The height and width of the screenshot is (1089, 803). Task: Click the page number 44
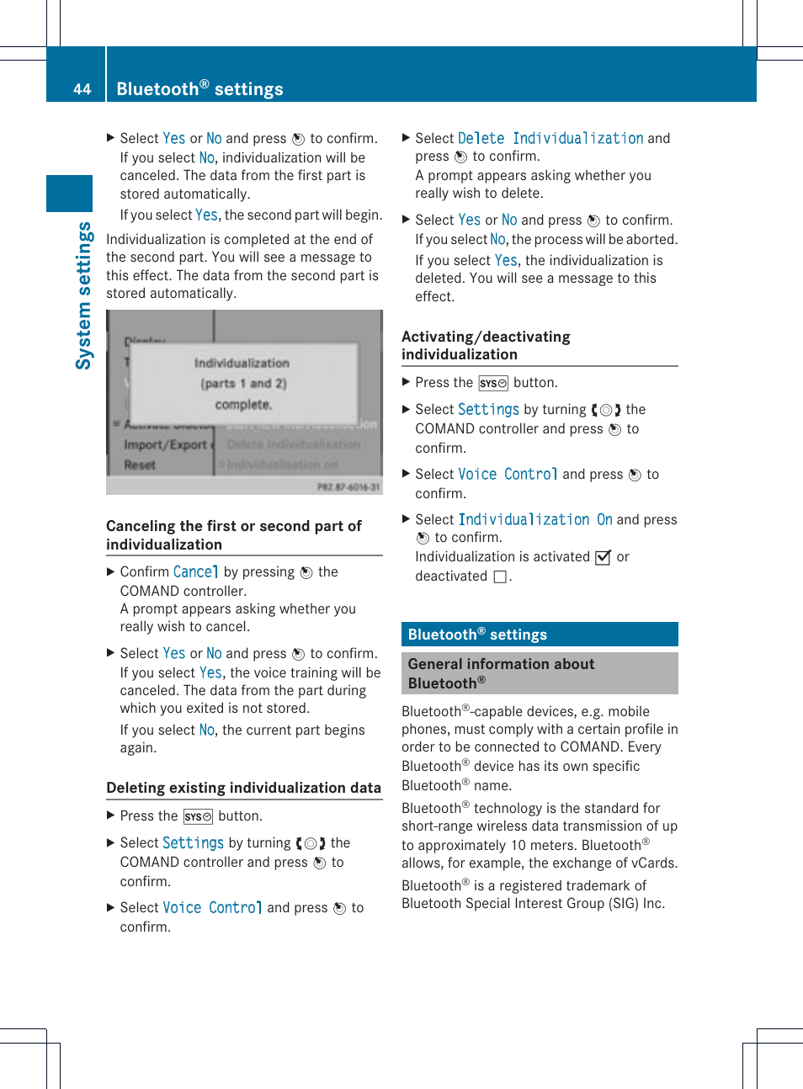click(82, 89)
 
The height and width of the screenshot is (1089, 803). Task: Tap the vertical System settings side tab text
click(83, 295)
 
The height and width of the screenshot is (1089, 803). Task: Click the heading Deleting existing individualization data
click(243, 788)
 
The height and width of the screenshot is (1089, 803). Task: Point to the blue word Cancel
click(195, 572)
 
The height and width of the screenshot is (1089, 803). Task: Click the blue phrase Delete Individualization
click(550, 138)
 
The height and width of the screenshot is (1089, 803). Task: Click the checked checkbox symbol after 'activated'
click(603, 557)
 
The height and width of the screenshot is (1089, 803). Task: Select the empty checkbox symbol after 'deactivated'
click(500, 576)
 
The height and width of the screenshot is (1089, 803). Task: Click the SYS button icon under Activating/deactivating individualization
click(493, 383)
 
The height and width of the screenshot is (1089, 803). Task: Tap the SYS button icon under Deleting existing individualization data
click(198, 816)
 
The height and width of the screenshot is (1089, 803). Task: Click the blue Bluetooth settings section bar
click(540, 635)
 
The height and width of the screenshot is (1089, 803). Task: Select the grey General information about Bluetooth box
click(540, 673)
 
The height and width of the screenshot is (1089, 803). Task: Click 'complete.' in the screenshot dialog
click(243, 405)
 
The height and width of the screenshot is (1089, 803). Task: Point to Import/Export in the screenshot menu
click(165, 444)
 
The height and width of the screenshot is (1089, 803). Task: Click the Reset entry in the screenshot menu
click(140, 465)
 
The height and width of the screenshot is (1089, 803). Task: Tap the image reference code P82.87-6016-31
click(348, 486)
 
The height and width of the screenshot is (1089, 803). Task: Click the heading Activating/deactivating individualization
click(486, 345)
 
